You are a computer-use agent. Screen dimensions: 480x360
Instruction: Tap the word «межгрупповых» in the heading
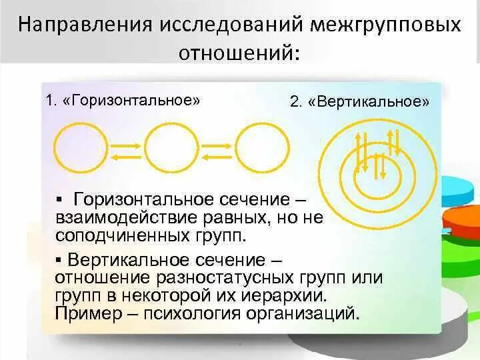pyautogui.click(x=385, y=25)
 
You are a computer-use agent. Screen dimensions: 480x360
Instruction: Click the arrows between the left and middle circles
pyautogui.click(x=125, y=149)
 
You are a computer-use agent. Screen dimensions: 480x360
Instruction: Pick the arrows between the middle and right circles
pyautogui.click(x=217, y=149)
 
